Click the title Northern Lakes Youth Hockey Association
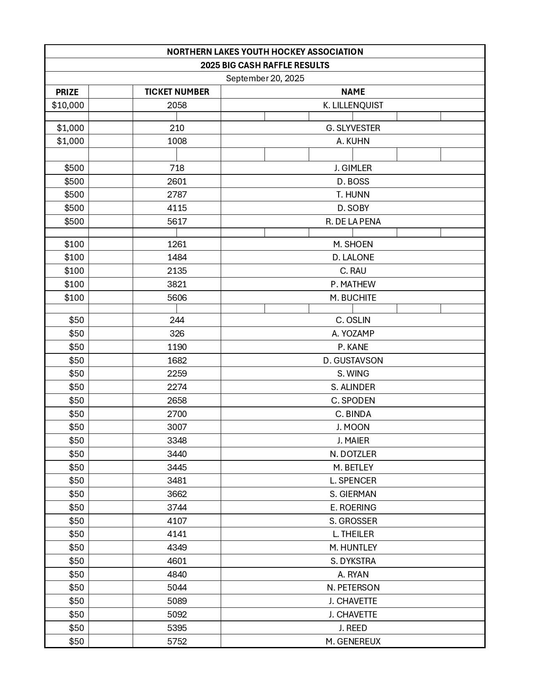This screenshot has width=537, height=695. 265,52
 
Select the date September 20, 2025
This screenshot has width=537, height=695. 265,78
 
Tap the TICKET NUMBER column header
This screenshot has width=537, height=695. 177,92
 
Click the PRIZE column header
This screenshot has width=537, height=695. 67,92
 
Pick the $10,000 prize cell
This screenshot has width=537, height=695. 68,105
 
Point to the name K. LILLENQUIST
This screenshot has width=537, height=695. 353,105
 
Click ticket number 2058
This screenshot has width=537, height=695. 177,105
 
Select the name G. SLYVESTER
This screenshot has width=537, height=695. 353,128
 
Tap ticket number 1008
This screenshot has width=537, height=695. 177,141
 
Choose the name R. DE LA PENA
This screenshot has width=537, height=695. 353,222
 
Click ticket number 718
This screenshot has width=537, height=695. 177,168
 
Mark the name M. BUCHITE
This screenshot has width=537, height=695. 353,298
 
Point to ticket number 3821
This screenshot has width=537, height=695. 177,284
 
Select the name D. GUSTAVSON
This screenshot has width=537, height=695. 353,361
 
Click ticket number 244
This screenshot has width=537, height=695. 177,320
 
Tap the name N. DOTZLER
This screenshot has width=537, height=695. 353,454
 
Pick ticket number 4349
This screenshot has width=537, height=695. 177,548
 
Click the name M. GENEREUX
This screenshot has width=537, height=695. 353,642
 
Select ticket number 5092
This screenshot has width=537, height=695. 177,615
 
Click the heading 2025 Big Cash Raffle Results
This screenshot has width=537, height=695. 265,65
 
